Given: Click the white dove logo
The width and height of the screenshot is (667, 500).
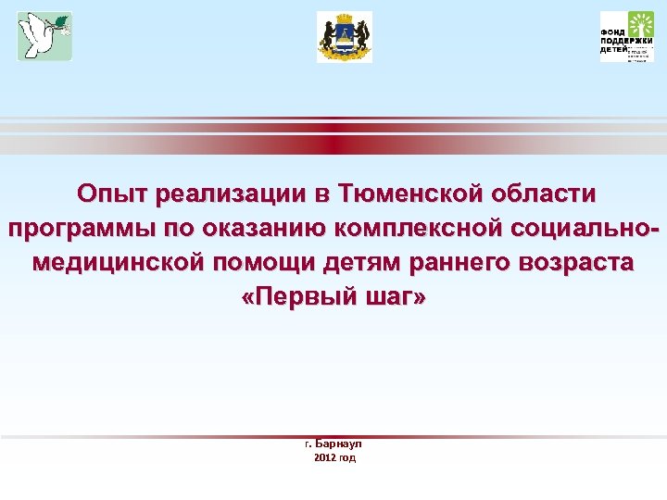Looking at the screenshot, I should click(x=44, y=37).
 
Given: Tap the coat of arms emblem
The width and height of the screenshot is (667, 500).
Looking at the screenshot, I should click(x=344, y=37).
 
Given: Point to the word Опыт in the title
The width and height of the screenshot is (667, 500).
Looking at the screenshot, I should click(x=113, y=194).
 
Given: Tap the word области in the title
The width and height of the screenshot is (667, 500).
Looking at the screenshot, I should click(x=546, y=194).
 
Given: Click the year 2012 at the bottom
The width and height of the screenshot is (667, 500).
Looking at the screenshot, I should click(x=324, y=457).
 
